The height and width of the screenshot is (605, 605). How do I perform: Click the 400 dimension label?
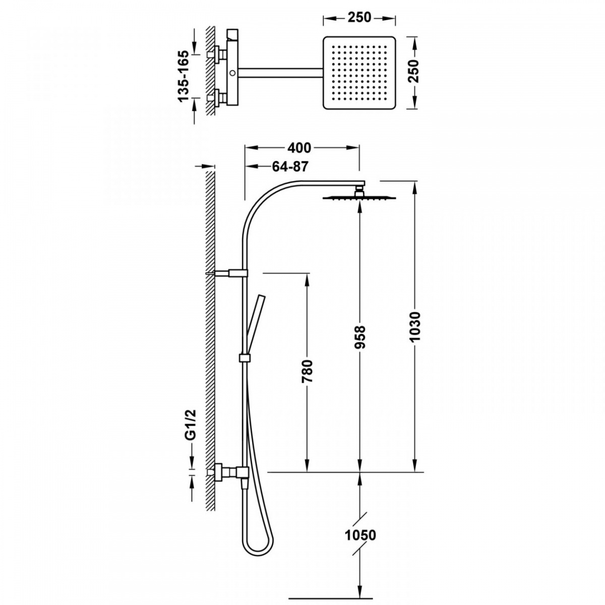coord(299,148)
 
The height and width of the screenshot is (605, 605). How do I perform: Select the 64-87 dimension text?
coord(290,166)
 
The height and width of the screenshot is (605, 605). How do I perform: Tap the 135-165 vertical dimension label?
coord(184,76)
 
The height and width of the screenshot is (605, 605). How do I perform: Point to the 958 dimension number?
coord(361,337)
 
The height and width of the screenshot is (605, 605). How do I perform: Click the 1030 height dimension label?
coord(415,328)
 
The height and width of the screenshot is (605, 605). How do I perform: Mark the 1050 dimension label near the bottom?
coord(360,535)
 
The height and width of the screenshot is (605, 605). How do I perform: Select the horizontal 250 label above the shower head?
coord(359,17)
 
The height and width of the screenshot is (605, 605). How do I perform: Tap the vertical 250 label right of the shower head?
coord(415,71)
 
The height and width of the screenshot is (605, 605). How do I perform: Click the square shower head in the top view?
coord(359,73)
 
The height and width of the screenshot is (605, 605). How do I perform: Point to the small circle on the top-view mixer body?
coord(232,73)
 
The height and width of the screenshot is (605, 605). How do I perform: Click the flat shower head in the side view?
coord(359,197)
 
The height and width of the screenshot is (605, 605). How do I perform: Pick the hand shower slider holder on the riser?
coord(245,357)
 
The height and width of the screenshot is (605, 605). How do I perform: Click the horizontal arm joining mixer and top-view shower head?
coord(281,73)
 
